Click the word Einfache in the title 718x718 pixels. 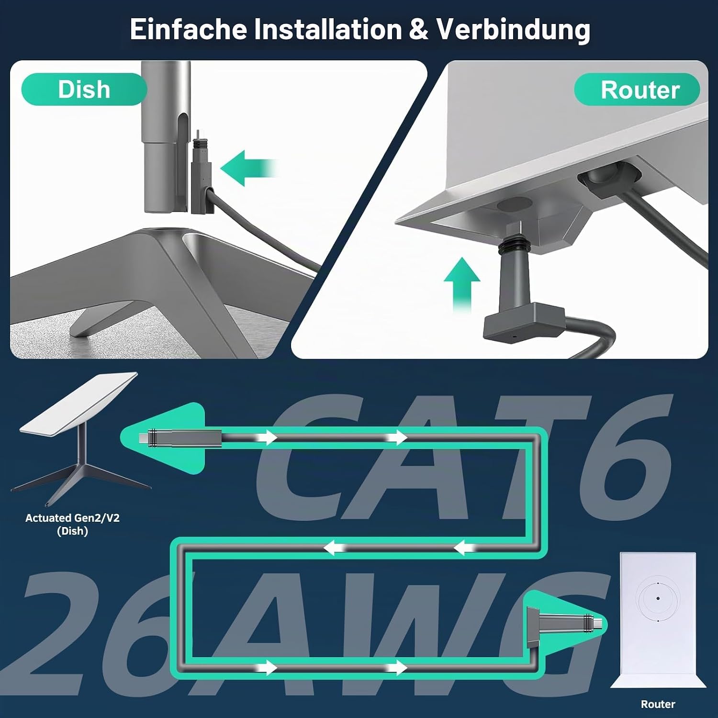(x=188, y=29)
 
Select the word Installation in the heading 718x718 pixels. (x=328, y=29)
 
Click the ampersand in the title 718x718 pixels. (x=419, y=30)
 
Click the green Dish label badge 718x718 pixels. (x=84, y=90)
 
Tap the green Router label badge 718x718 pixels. (x=637, y=90)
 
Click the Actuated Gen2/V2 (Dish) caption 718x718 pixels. (x=72, y=524)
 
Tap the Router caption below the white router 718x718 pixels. (x=658, y=704)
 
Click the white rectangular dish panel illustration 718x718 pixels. (x=79, y=403)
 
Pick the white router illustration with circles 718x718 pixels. (x=658, y=620)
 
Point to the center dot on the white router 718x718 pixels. (x=658, y=598)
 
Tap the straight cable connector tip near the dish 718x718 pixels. (x=144, y=438)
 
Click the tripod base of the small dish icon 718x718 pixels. (x=81, y=481)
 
